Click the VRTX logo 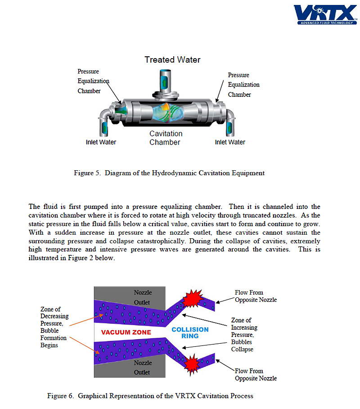pyautogui.click(x=325, y=14)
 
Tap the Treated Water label pyautogui.click(x=172, y=59)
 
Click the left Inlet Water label pyautogui.click(x=101, y=142)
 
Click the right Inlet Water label pyautogui.click(x=230, y=142)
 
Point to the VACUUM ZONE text pyautogui.click(x=126, y=332)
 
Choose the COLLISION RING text pyautogui.click(x=190, y=332)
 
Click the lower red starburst pyautogui.click(x=192, y=362)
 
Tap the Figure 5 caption pyautogui.click(x=169, y=173)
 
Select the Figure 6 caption pyautogui.click(x=150, y=396)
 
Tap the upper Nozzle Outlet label pyautogui.click(x=143, y=297)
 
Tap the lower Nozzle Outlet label pyautogui.click(x=143, y=367)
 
